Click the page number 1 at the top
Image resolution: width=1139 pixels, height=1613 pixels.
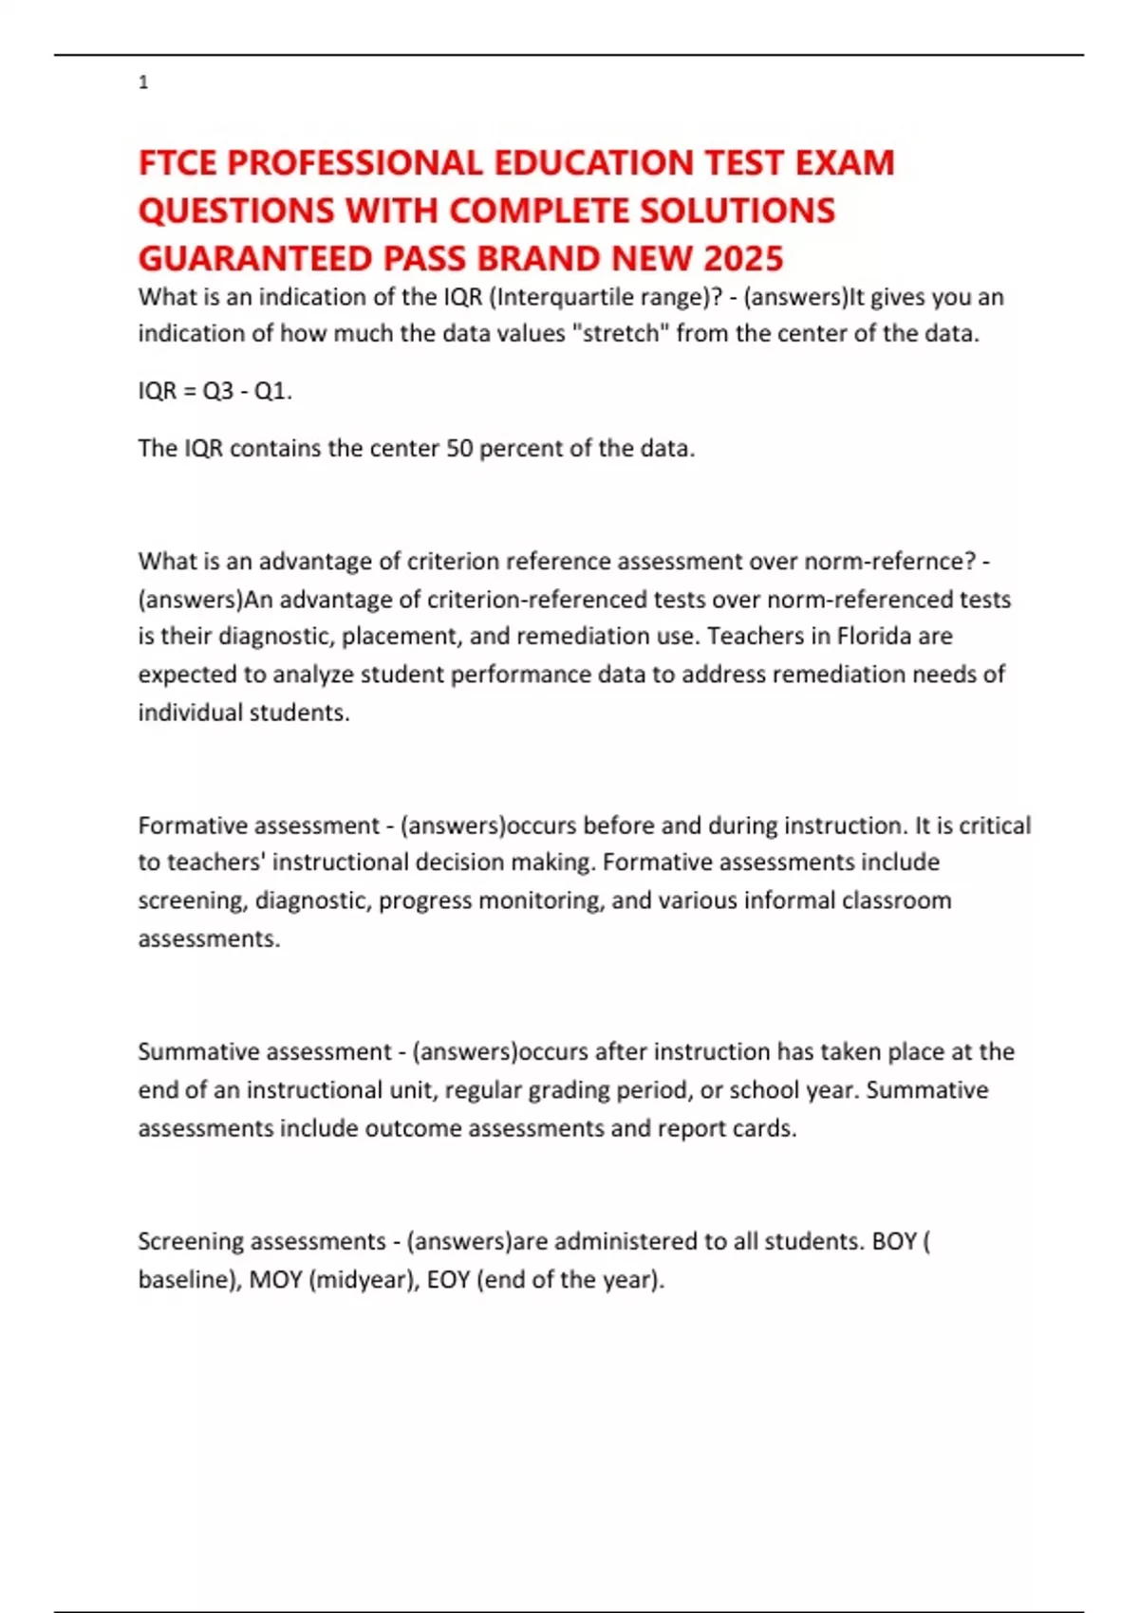click(x=143, y=83)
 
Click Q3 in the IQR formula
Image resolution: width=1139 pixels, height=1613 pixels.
click(x=218, y=391)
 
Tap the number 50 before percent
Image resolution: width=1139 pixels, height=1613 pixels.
click(x=459, y=448)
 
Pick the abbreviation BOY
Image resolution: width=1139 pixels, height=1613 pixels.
click(x=894, y=1241)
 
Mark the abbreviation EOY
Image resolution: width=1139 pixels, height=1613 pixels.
click(x=448, y=1280)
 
